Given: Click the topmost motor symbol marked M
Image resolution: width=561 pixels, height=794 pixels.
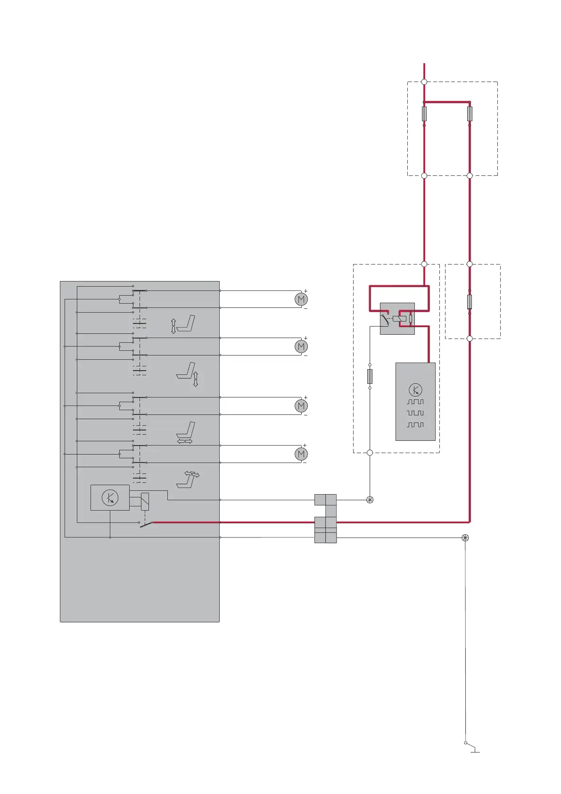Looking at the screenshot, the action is (301, 299).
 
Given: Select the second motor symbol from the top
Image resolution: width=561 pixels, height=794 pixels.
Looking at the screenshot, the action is (301, 347).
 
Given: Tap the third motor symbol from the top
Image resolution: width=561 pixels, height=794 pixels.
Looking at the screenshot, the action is (301, 405).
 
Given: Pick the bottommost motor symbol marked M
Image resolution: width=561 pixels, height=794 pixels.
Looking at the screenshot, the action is (301, 454).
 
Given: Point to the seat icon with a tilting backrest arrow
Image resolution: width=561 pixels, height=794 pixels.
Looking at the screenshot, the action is (188, 479).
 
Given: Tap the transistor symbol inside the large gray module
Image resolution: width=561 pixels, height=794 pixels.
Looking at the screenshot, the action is (110, 497).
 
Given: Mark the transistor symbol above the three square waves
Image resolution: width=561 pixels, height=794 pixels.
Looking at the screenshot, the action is (415, 390).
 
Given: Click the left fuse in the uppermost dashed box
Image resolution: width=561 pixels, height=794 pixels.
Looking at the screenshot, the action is (424, 114).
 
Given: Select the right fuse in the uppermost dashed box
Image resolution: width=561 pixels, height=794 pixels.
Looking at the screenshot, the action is (470, 114).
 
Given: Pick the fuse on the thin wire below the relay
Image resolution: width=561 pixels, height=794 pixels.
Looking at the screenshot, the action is (370, 376).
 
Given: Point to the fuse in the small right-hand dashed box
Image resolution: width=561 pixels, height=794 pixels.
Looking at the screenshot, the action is (470, 302).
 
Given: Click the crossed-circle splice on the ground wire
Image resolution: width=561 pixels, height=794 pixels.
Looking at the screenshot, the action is (465, 538).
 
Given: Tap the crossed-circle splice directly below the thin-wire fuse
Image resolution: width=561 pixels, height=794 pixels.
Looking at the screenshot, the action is (370, 500).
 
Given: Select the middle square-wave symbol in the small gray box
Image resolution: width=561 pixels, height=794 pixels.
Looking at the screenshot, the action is (415, 413).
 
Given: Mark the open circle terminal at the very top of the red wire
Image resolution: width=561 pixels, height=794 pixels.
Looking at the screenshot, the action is (424, 82).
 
